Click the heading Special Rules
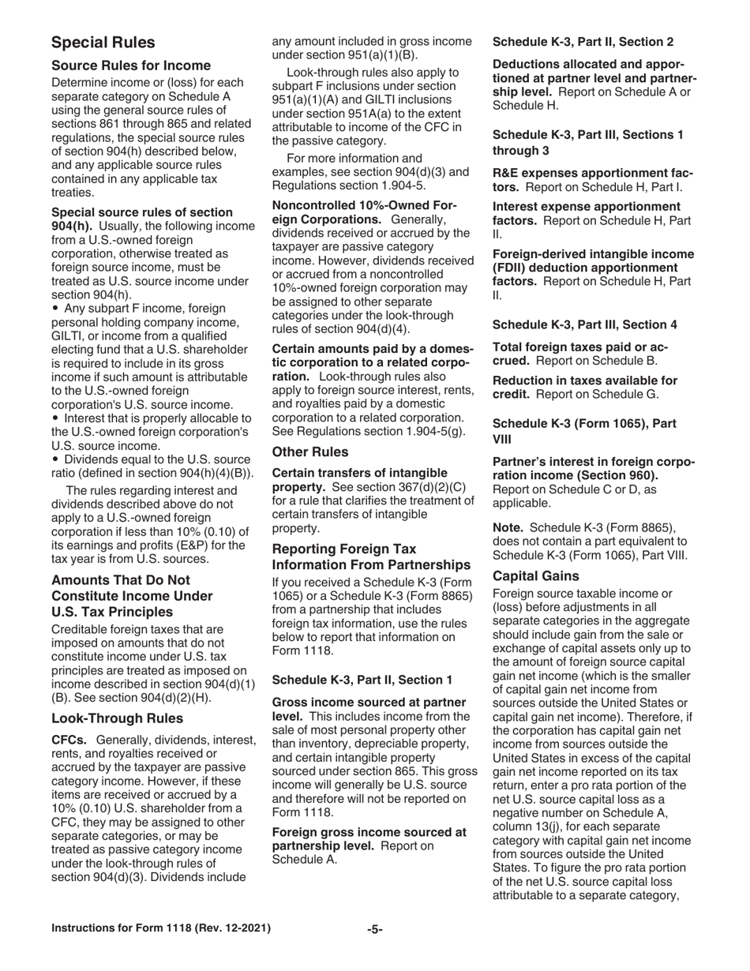(x=103, y=43)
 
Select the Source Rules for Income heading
(x=130, y=66)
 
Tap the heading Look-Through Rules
(x=117, y=718)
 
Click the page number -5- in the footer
(x=375, y=929)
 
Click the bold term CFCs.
(x=69, y=740)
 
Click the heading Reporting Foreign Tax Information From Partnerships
(x=371, y=557)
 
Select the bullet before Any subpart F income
(x=55, y=309)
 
